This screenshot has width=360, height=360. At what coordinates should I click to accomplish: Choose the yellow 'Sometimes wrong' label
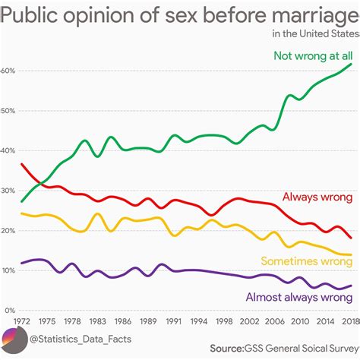point(306,261)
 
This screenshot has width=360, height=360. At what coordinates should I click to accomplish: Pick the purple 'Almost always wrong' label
point(298,297)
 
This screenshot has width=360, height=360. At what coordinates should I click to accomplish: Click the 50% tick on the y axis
point(8,111)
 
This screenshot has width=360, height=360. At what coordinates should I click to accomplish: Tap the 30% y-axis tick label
point(8,191)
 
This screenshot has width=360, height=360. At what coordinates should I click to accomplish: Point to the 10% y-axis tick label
point(8,271)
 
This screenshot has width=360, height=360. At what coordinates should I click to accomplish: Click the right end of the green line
point(351,65)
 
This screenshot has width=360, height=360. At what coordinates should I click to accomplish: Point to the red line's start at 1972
point(22,164)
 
